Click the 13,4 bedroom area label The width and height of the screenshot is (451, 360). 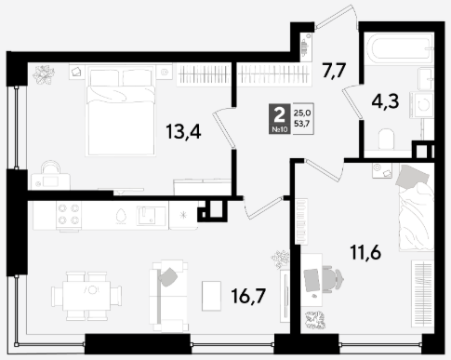183,131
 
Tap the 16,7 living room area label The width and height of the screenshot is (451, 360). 248,296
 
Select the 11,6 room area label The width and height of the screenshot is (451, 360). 365,252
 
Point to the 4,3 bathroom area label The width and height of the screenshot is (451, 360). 385,101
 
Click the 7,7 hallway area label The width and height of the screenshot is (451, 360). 334,71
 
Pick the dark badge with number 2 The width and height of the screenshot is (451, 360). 280,119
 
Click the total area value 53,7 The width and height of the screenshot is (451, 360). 302,124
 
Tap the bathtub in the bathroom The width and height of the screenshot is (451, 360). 399,48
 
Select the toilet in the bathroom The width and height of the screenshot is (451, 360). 387,140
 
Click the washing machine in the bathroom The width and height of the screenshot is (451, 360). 421,105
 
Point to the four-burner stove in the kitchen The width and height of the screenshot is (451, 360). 69,214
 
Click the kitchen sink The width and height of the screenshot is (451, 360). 148,215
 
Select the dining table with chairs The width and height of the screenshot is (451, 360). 86,296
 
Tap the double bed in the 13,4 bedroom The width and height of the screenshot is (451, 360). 121,111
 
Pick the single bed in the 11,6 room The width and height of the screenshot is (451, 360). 416,207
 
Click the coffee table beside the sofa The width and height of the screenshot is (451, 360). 211,296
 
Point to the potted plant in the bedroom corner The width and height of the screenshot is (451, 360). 44,74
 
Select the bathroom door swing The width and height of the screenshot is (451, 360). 352,101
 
